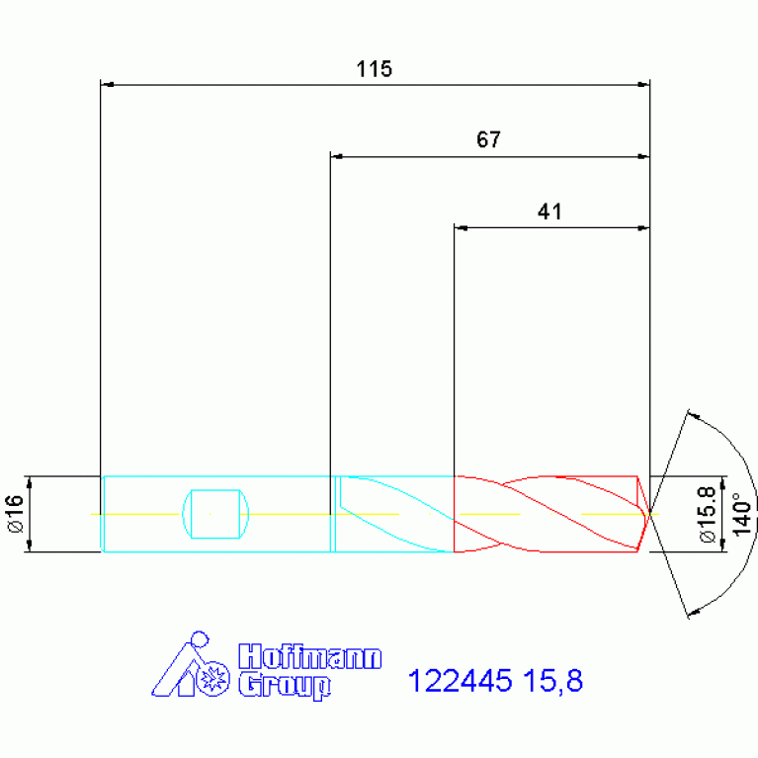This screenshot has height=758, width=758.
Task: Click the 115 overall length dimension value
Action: click(x=374, y=69)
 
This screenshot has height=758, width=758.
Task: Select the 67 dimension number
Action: click(x=488, y=139)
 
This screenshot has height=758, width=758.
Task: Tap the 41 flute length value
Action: click(x=549, y=211)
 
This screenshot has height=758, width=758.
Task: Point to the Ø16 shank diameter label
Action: click(x=16, y=513)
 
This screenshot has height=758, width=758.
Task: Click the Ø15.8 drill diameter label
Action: click(x=708, y=514)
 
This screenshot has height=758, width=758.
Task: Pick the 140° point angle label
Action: click(x=743, y=514)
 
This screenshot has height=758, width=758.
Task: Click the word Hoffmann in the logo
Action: click(x=310, y=656)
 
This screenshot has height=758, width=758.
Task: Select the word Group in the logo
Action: click(x=285, y=686)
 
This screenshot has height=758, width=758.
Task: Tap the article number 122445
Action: click(x=460, y=681)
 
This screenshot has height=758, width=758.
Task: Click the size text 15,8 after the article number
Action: click(x=553, y=681)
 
